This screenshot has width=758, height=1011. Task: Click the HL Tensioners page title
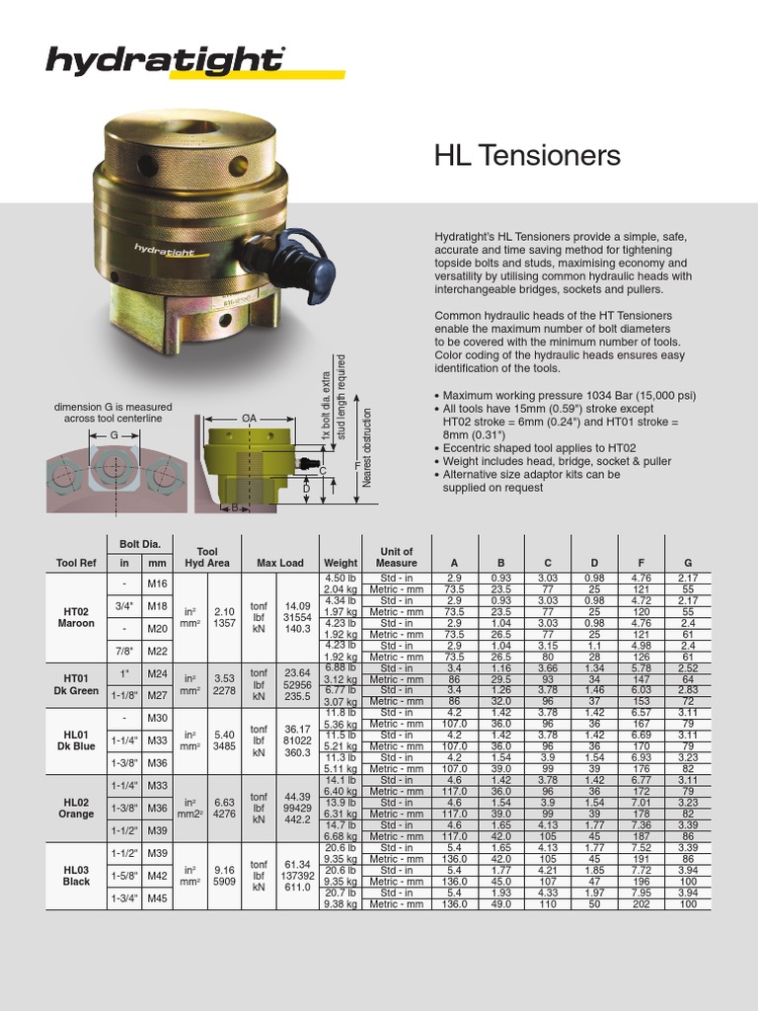point(527,156)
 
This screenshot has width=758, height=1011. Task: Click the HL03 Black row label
point(76,876)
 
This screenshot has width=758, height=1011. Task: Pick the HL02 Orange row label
point(76,809)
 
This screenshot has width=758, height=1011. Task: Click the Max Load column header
point(280,563)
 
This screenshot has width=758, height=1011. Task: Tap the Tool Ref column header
point(76,563)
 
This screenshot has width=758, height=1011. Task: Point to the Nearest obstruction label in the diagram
point(366,446)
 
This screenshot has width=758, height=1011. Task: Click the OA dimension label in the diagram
point(250,419)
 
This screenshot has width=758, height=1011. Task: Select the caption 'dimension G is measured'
point(113,407)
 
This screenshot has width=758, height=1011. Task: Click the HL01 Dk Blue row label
point(76,740)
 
